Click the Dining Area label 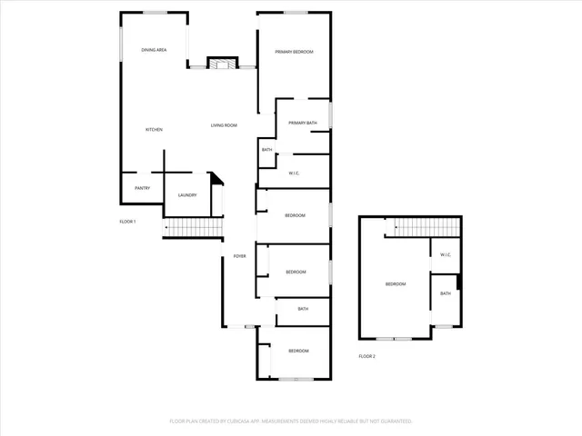154,50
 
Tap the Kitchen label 155,130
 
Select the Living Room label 224,125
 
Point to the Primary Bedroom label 295,52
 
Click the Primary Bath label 303,123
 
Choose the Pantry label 142,188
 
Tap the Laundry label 187,195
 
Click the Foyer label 239,256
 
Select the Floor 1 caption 127,222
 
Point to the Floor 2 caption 366,356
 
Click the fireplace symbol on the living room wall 222,63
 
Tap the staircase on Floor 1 192,228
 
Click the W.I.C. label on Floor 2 446,254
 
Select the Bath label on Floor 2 446,293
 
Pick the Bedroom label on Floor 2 396,284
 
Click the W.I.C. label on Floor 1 295,173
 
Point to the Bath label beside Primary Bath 267,150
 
